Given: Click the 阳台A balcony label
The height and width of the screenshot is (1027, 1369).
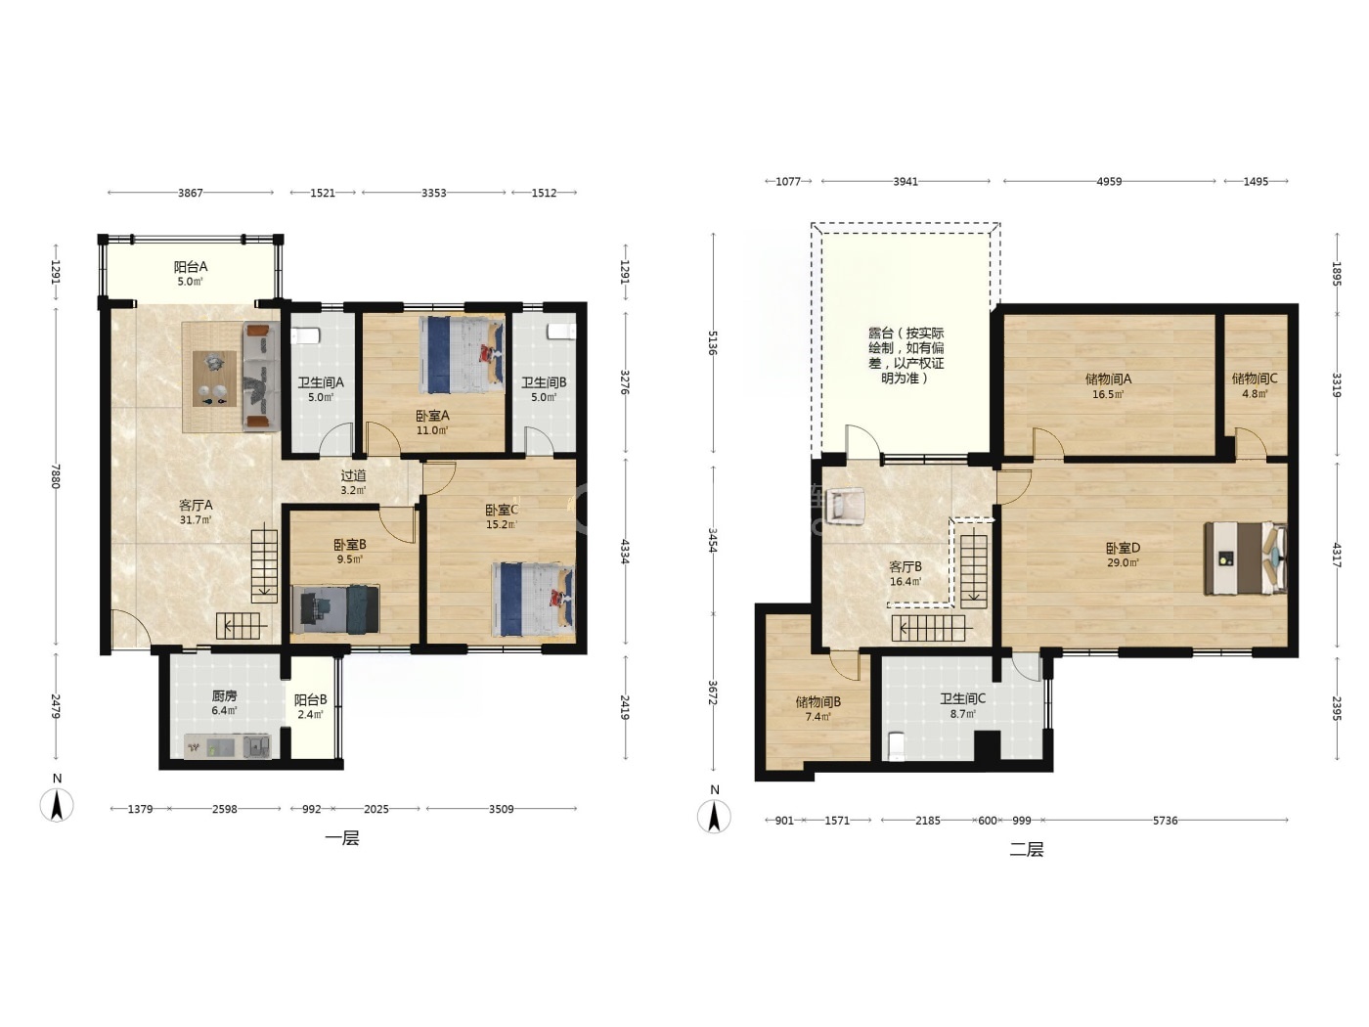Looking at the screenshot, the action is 191,267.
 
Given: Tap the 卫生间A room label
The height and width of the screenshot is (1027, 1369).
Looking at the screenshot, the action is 321,382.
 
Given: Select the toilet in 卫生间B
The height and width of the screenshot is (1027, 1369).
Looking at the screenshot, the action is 560,332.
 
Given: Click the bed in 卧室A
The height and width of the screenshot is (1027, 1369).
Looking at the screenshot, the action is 463,355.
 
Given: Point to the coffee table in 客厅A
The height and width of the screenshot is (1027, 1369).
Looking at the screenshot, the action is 214,379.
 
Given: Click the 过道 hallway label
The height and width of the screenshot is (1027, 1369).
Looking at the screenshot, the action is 353,475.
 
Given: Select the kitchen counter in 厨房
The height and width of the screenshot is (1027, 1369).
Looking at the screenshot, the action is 228,745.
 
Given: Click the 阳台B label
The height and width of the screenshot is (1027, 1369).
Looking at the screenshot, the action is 310,699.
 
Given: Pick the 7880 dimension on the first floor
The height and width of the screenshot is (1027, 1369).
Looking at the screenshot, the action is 56,475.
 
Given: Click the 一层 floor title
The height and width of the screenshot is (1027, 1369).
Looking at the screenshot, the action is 342,838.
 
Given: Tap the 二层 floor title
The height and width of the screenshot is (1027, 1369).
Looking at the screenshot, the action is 1026,849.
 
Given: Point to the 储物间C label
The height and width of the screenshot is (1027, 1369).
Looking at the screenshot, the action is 1255,379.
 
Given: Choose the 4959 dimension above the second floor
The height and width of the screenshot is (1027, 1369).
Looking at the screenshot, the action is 1109,182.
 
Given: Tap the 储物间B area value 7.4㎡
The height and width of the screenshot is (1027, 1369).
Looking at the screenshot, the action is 817,717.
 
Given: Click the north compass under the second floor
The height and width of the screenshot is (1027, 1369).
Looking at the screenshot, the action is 714,817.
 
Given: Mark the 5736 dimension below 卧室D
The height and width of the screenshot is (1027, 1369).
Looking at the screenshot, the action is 1165,821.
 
